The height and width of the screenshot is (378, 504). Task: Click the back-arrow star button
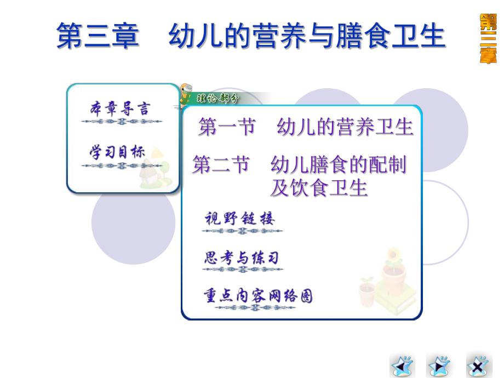(x=402, y=365)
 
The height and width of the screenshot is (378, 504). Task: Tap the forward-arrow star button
(x=439, y=365)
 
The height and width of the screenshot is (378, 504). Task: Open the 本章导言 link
(x=119, y=108)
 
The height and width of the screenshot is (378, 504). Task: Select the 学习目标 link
(x=118, y=152)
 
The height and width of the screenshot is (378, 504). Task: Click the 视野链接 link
(x=239, y=219)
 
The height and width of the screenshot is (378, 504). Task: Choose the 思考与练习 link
(x=241, y=258)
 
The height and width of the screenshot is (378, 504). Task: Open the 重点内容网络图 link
(x=258, y=296)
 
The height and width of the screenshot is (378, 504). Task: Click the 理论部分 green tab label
(x=217, y=99)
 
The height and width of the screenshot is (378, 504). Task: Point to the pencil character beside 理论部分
(x=185, y=93)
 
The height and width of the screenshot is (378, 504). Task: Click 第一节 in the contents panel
(x=227, y=128)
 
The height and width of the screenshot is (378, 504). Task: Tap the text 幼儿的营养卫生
(x=345, y=128)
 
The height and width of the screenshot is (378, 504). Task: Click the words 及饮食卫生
(x=318, y=188)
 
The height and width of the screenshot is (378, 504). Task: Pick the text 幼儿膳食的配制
(x=339, y=165)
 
